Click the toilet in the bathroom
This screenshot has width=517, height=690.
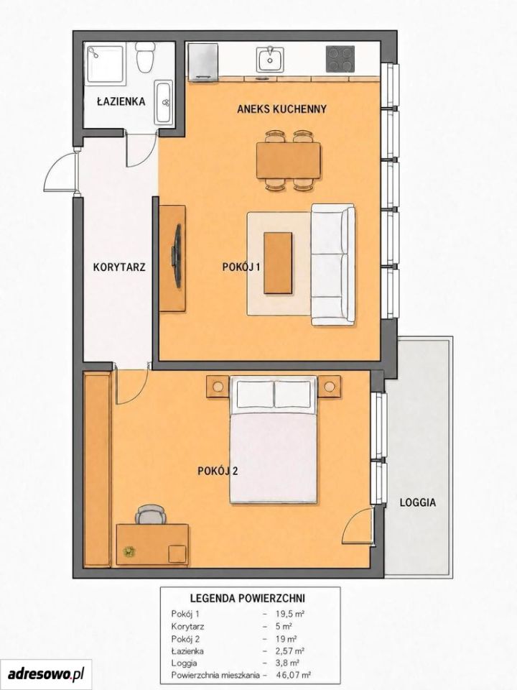[145, 57]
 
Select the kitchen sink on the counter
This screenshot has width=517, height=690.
[270, 60]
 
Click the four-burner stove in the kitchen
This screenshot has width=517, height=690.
[340, 59]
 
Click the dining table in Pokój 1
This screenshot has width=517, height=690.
[289, 160]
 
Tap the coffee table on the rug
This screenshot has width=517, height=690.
[278, 263]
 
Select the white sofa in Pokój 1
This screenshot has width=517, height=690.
[332, 264]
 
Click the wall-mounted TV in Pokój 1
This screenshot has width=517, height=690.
[177, 256]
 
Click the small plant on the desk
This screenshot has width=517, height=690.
[129, 551]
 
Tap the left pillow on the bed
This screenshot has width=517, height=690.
[254, 395]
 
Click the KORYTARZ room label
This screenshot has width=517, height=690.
[119, 267]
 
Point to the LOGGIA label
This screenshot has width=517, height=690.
[418, 502]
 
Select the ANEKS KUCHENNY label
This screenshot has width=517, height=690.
[281, 109]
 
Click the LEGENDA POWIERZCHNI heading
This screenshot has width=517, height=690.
[248, 599]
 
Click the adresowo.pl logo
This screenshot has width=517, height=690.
[46, 673]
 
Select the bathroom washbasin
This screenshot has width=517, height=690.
[164, 103]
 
